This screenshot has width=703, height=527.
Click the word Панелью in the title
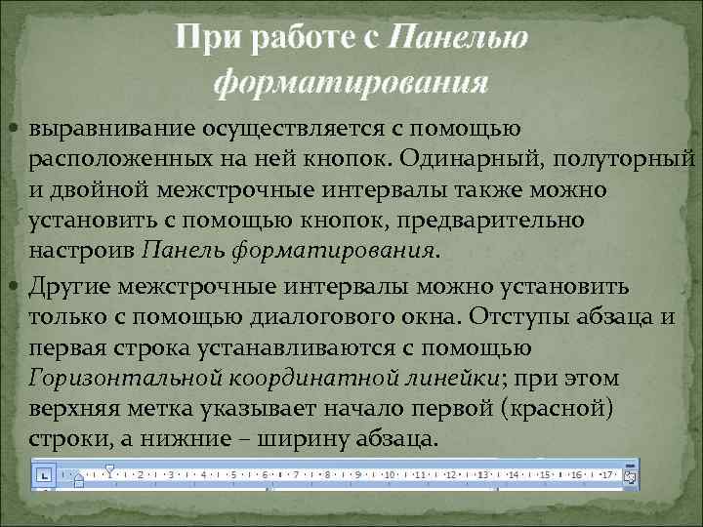coord(458,39)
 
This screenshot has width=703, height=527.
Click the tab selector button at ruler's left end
coord(44,475)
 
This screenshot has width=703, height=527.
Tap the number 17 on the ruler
coord(606,475)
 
